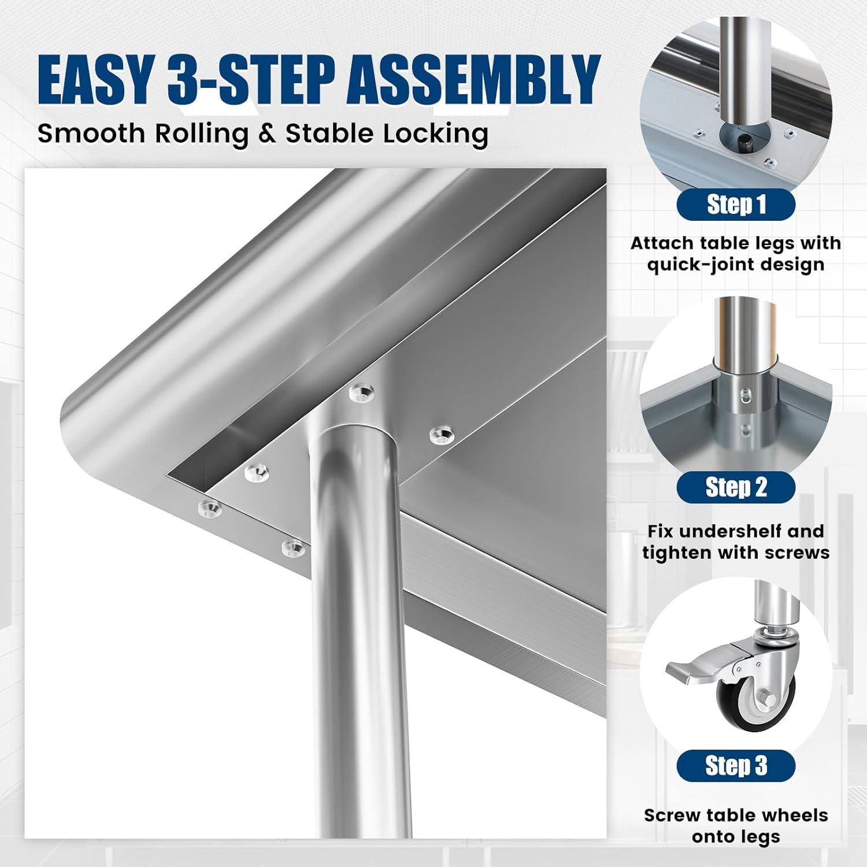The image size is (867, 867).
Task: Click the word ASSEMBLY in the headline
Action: (x=476, y=80)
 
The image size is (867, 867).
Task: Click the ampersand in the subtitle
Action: (x=266, y=134)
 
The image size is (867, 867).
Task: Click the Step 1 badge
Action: (x=735, y=205)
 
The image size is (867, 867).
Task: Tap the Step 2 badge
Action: (x=735, y=487)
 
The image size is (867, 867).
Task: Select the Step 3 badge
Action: (x=735, y=766)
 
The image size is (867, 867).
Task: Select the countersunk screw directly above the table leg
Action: (x=362, y=394)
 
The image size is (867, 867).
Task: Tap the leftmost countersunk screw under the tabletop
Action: (x=209, y=509)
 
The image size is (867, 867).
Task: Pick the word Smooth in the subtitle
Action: (x=91, y=134)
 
